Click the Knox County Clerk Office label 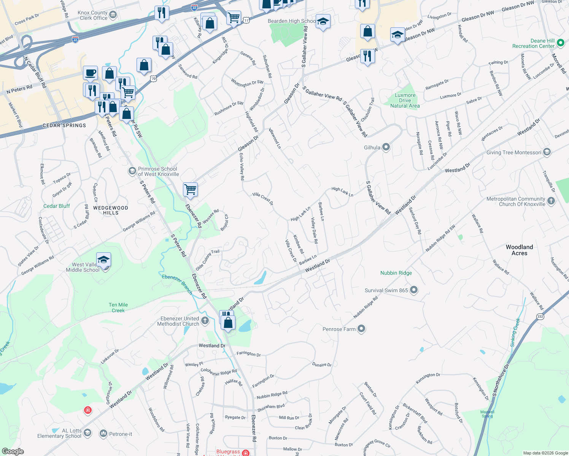tap(93, 15)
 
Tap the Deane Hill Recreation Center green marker tap(560, 43)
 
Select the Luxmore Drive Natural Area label tap(405, 101)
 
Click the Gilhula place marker tap(386, 147)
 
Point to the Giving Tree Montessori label tap(513, 152)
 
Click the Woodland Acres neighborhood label tap(519, 250)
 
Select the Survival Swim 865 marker tap(414, 290)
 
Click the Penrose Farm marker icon tap(361, 329)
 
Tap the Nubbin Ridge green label tap(396, 273)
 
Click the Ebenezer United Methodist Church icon tap(205, 321)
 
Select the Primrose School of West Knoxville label tap(158, 171)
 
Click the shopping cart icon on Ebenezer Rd tap(190, 189)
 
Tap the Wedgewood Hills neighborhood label tap(111, 210)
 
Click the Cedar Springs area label tap(64, 125)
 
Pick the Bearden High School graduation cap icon tap(323, 22)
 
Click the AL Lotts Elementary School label tap(60, 433)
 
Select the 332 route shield tap(540, 317)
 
